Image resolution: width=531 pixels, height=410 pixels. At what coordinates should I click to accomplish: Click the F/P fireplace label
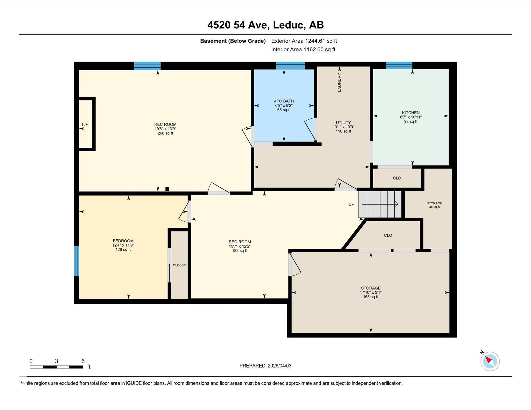coord(85,124)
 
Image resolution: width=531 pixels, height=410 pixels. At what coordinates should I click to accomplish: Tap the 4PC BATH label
coord(284,101)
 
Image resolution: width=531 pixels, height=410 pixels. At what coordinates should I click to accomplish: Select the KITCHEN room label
coord(410,113)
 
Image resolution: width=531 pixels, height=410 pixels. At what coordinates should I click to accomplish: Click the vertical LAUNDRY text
coord(339,82)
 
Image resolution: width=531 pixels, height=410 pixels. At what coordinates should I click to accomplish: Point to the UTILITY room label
coord(343,123)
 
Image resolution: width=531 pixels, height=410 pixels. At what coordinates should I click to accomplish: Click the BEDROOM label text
coord(123,241)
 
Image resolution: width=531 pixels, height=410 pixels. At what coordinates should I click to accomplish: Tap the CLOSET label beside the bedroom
coord(179,265)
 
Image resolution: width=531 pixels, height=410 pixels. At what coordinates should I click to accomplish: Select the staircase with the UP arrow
coord(380,204)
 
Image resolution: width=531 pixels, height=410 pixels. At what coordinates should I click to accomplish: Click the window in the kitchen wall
coord(399,65)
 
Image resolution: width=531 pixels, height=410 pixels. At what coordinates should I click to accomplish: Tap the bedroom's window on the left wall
coord(76,261)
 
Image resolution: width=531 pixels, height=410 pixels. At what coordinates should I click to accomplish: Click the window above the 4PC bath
coord(290,65)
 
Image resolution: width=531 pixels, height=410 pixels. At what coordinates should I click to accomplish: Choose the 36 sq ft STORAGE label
coord(434,205)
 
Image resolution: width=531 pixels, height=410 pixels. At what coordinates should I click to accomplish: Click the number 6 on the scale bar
coord(83,361)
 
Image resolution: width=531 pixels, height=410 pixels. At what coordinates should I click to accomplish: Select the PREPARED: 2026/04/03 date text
coord(265,366)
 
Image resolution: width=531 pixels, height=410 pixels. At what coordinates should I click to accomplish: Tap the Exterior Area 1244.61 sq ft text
coord(304,41)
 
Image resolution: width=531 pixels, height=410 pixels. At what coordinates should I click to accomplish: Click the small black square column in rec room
coord(167,189)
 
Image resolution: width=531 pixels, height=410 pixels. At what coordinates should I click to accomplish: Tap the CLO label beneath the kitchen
coord(397,178)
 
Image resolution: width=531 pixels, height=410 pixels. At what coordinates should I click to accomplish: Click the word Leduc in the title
coord(288,25)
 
